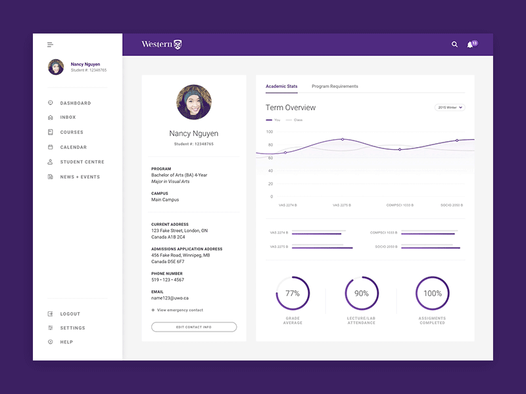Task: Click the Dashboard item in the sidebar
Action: (75, 103)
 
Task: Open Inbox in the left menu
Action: (68, 118)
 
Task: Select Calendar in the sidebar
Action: (73, 147)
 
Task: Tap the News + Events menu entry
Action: (80, 177)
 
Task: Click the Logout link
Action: (70, 314)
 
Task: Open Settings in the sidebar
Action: (72, 328)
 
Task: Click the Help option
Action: (66, 342)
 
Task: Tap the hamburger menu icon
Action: (50, 45)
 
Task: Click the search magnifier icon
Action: (454, 45)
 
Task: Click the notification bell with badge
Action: (471, 45)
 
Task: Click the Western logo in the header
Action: (162, 45)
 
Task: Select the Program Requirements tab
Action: (335, 86)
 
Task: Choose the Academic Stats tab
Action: (281, 86)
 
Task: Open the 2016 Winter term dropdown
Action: (450, 107)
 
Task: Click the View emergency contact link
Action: (178, 310)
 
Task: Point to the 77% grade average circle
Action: (293, 294)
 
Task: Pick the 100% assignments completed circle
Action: (433, 294)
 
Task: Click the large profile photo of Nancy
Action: (194, 102)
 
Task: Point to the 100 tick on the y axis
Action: (270, 131)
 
